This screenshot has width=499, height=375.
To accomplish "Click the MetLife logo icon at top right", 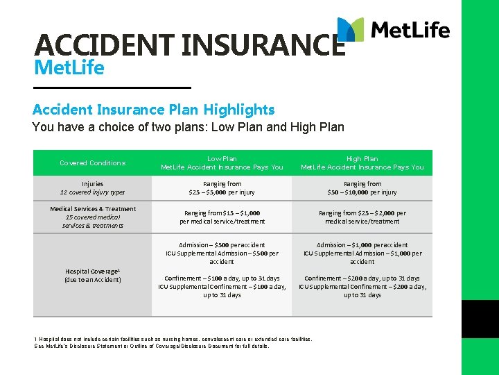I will tap(351, 30).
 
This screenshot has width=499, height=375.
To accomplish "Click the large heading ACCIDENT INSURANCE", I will tap(189, 45).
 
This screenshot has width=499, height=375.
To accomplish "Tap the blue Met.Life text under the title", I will tap(69, 68).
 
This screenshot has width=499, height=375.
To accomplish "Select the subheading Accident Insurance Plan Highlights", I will tap(153, 109).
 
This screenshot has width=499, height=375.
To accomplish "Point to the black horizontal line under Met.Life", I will tap(112, 87).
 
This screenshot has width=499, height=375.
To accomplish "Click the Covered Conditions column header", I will tap(92, 163).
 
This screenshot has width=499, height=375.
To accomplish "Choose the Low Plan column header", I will tap(222, 163).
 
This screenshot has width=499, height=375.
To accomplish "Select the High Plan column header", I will tap(362, 163).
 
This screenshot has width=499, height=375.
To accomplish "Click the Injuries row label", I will tap(92, 188).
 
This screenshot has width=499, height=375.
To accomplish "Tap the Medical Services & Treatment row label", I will tap(92, 217).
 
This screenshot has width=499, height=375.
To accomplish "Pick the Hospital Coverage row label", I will tap(92, 275).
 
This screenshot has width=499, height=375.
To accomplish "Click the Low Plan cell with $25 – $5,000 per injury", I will tap(222, 188).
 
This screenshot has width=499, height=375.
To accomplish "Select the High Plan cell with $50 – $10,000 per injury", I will tap(362, 188).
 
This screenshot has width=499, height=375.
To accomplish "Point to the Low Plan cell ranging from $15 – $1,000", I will tap(222, 217).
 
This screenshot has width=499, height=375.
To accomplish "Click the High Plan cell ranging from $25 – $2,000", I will tap(362, 217).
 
